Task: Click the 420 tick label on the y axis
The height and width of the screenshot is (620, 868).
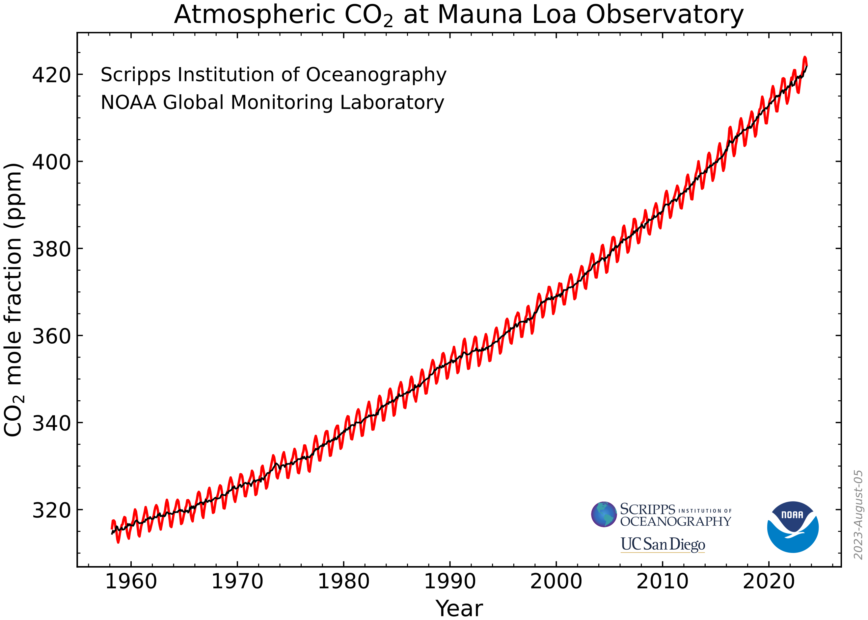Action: coord(52,75)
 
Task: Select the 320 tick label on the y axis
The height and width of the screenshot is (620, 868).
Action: coord(52,510)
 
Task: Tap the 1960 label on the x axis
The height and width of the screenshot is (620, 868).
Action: coord(131,582)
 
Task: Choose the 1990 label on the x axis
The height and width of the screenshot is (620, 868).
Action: coord(450,582)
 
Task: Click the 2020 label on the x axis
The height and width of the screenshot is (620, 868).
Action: coord(769,582)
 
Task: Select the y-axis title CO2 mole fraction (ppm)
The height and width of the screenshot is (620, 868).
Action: coord(14,300)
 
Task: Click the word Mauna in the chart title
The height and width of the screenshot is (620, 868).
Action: coord(479,15)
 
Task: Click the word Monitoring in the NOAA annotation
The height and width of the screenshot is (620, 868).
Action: coord(282,103)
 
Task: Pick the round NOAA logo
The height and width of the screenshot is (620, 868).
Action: coord(793,527)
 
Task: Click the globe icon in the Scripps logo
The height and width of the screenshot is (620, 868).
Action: coord(604,514)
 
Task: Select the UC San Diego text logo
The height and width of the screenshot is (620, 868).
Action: coord(663,544)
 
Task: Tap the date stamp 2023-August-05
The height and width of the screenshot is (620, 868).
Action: coord(858,515)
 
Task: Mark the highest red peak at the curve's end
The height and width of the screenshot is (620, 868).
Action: coord(804,58)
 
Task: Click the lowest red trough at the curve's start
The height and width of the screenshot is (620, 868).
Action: coord(118,542)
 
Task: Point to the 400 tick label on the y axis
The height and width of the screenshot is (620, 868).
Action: coord(52,162)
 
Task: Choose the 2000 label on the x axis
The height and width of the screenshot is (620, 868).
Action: coord(556,582)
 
